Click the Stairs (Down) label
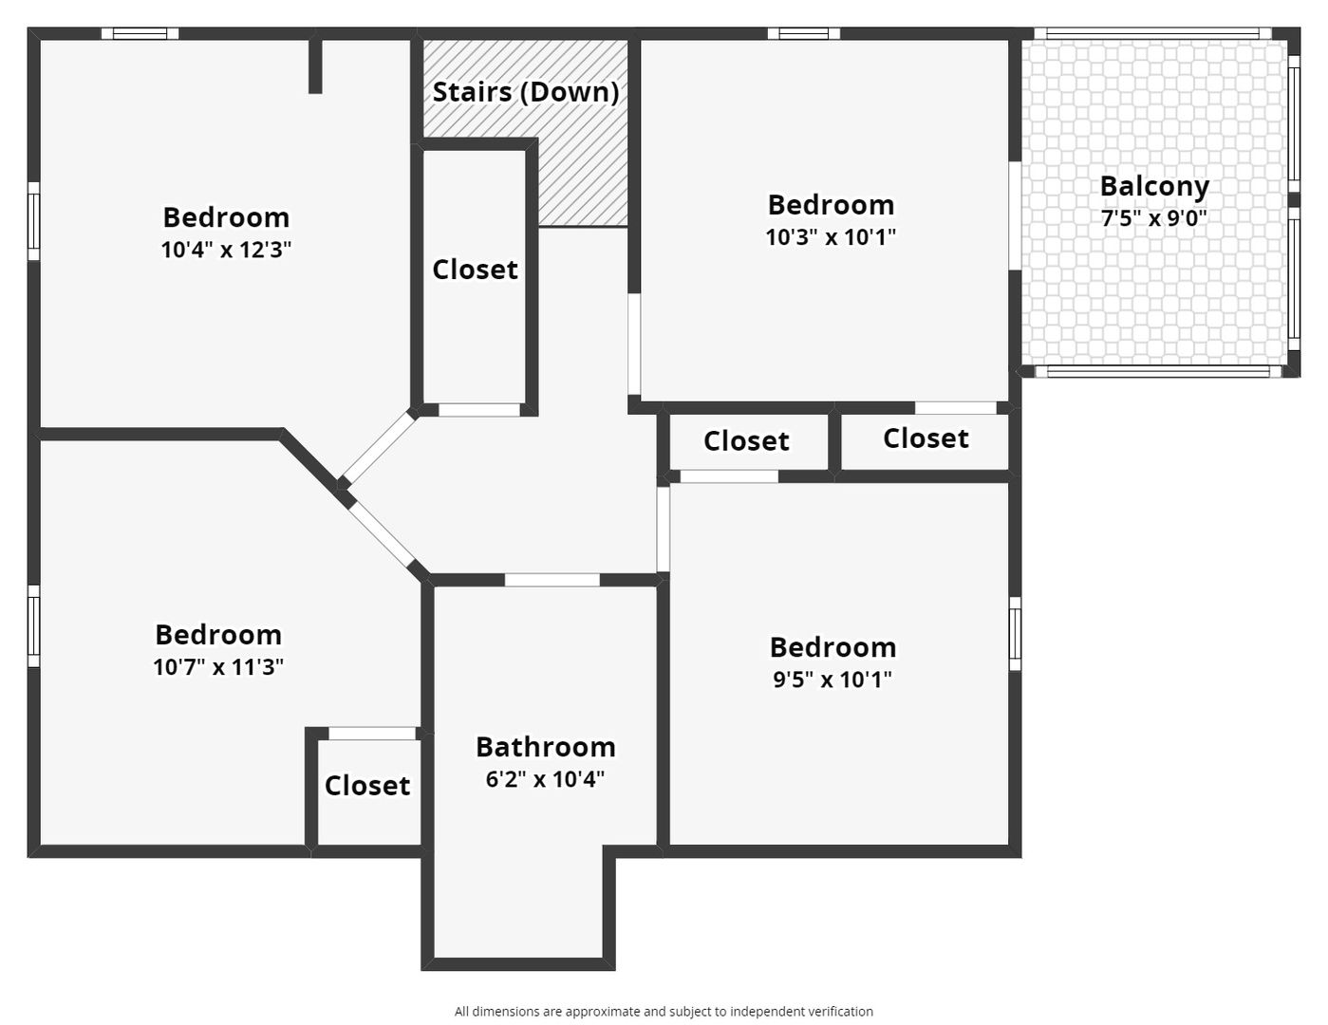click(526, 92)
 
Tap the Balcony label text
click(1154, 186)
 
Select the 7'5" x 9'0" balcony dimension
click(1154, 218)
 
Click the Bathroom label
click(546, 747)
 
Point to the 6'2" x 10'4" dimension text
click(545, 779)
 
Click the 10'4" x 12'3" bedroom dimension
click(226, 250)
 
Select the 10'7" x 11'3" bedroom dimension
click(218, 667)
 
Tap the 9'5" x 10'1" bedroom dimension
click(832, 680)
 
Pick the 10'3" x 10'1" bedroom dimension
click(831, 237)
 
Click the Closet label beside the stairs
click(475, 270)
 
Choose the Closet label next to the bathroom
click(366, 786)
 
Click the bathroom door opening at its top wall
click(552, 580)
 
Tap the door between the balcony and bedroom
click(1015, 215)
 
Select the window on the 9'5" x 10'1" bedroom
click(1015, 633)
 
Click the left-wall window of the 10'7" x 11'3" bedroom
click(33, 626)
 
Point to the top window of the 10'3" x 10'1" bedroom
click(804, 33)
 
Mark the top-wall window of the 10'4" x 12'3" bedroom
click(140, 33)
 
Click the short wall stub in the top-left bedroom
click(315, 66)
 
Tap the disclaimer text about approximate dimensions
click(664, 1011)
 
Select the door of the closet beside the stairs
click(479, 410)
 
